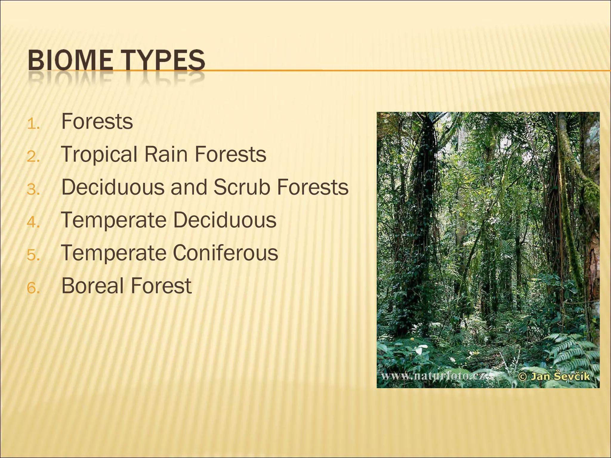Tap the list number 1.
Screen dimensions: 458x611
pos(33,124)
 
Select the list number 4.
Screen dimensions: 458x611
pos(33,222)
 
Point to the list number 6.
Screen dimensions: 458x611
pos(33,288)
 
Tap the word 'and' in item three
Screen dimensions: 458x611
pos(189,187)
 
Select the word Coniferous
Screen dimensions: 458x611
pos(225,253)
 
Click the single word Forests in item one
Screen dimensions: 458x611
pos(97,122)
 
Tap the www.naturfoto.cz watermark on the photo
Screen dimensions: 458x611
pos(433,376)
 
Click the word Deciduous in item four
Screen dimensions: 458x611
pos(225,220)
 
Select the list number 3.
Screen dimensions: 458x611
pos(33,190)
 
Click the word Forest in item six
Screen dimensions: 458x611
pos(161,286)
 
